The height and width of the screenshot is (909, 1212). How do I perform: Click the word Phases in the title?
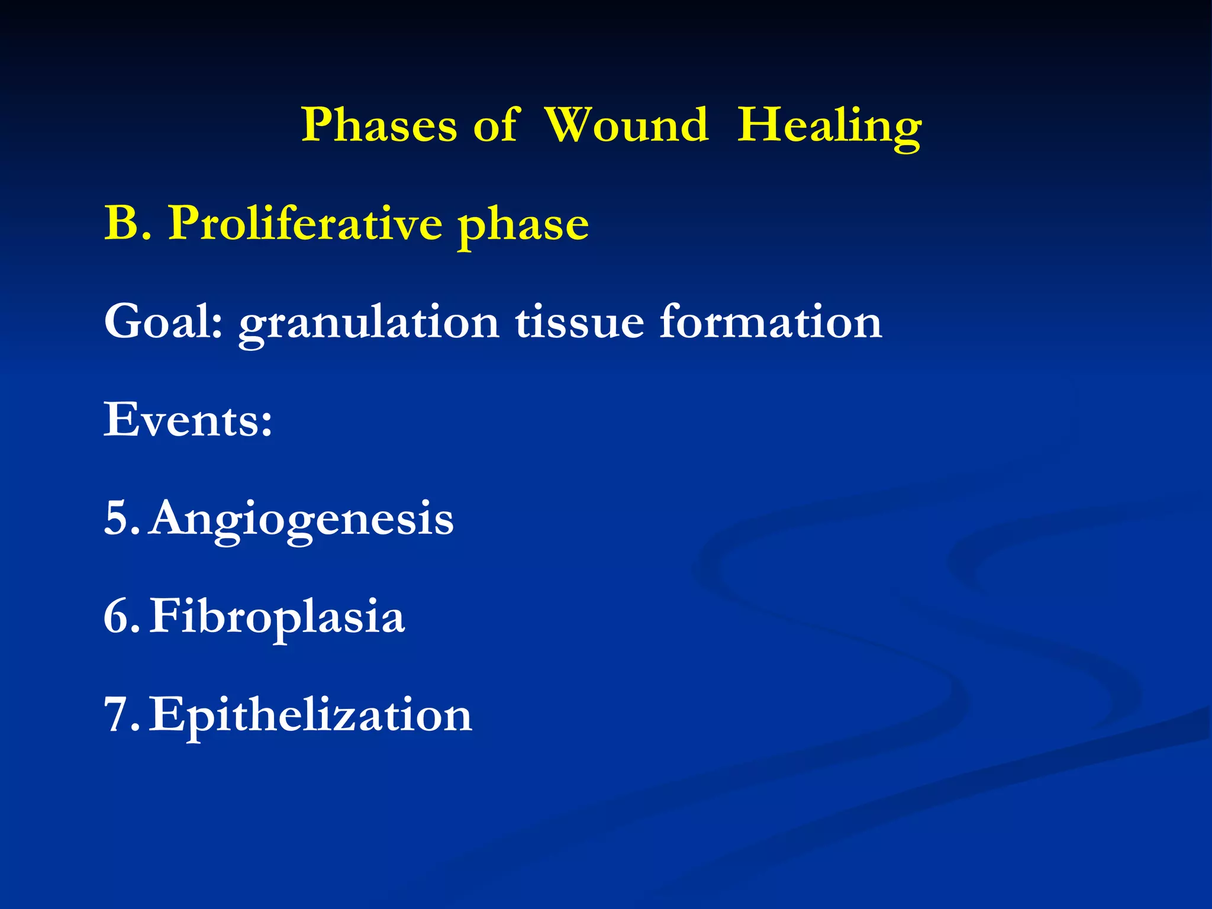coord(379,125)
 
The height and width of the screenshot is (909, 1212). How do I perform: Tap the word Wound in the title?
coord(626,125)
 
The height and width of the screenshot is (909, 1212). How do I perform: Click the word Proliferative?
coord(305,223)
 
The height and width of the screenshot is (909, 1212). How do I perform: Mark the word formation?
coord(771,322)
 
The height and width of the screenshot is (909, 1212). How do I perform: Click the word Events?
coord(188,420)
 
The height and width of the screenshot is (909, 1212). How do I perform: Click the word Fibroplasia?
coord(277,617)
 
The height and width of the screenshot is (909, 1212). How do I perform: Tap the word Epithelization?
coord(310,715)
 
